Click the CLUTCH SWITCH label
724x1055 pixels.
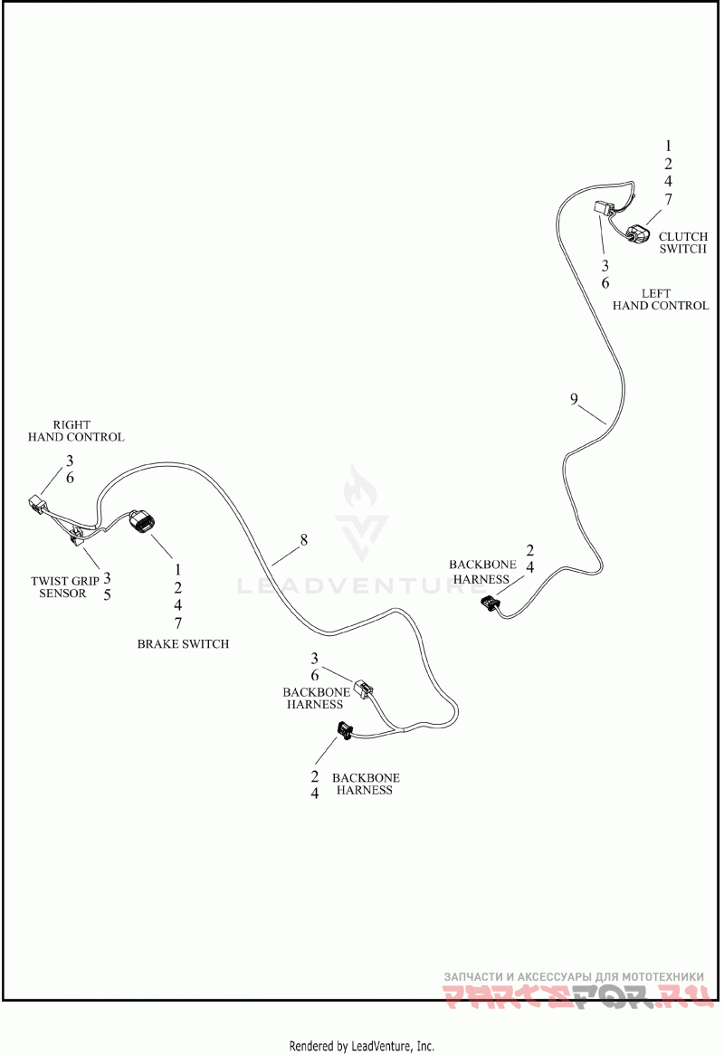682,242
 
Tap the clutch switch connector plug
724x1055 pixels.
639,233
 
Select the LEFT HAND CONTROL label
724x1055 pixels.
661,299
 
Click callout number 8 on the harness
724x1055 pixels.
304,540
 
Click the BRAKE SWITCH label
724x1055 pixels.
183,644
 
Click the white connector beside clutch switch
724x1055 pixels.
604,209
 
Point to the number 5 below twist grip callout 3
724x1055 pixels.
107,594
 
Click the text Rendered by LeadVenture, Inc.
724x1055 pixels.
361,1046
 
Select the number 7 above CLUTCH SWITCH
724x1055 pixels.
668,199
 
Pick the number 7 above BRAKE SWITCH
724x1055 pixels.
178,623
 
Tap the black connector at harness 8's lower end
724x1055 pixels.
346,729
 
